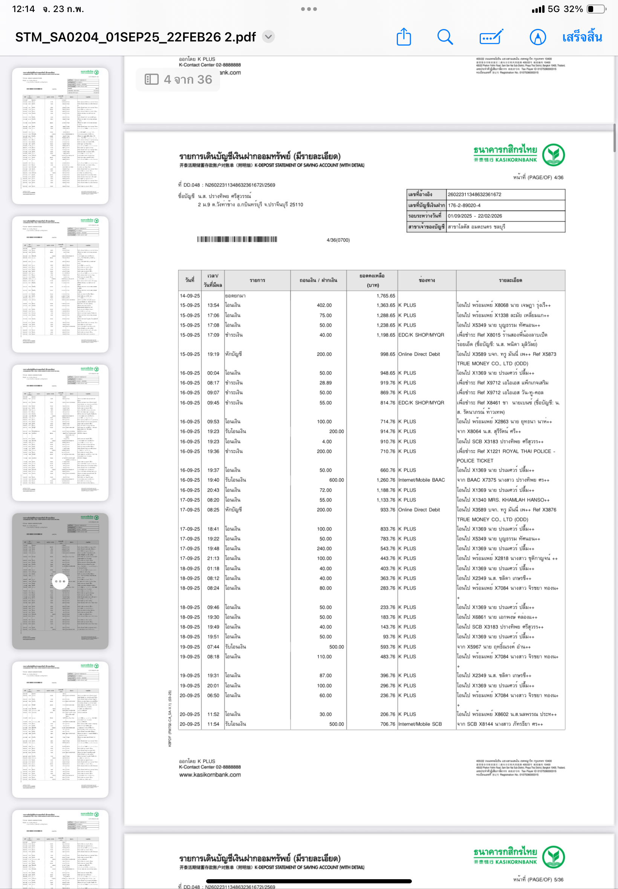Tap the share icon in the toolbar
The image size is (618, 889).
tap(404, 37)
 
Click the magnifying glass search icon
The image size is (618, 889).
tap(445, 37)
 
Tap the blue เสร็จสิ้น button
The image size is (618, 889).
tap(581, 37)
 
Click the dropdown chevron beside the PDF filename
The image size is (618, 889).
tap(268, 37)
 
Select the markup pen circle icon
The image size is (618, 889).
tap(537, 37)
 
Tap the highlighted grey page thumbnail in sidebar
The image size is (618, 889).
tap(60, 580)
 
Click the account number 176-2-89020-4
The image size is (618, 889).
tap(464, 205)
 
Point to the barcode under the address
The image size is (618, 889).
tap(237, 239)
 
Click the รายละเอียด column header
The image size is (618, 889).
tap(510, 280)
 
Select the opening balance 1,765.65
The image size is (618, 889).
tap(385, 296)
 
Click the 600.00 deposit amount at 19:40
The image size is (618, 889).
tap(336, 480)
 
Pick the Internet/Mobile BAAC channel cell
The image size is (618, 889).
tap(421, 480)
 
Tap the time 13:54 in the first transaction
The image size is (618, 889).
tap(213, 305)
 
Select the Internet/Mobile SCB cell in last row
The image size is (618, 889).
tap(420, 724)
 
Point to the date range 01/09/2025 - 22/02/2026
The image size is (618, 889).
tap(475, 216)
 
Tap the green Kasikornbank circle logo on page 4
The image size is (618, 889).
tap(553, 155)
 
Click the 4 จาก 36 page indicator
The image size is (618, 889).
tap(178, 79)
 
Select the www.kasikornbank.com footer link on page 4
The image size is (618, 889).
tap(210, 774)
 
